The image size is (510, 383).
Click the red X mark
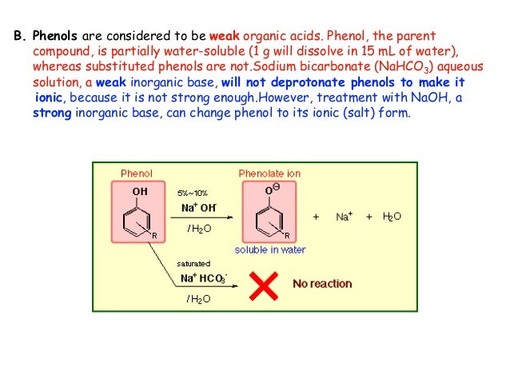coord(265,284)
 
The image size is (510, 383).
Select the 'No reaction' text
coord(323,284)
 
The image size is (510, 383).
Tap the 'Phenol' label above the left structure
coord(135,173)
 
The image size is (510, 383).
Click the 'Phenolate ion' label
coord(269,173)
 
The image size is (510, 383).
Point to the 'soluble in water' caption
coord(270,249)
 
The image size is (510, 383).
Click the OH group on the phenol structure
coord(140,191)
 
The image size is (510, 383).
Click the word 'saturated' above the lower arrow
coord(193,263)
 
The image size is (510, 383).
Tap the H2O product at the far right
coord(392,217)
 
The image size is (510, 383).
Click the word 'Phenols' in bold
coord(54,37)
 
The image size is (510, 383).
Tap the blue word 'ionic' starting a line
coord(50,98)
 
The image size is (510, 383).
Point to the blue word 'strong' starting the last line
coord(50,113)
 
